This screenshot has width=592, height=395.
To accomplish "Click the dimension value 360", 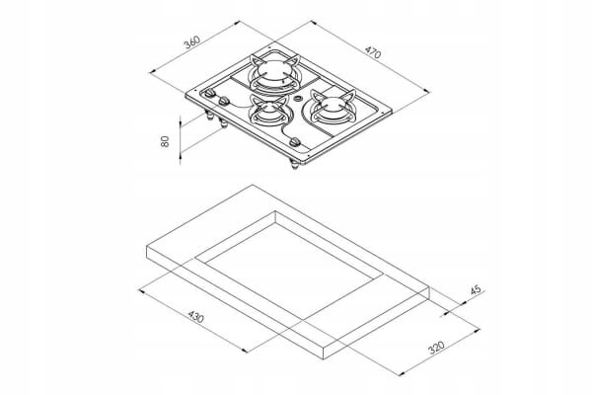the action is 192,42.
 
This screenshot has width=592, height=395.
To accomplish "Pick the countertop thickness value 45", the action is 476,290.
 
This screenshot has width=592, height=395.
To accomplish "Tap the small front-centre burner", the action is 265,114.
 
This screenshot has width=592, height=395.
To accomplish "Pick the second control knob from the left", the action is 225,103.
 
